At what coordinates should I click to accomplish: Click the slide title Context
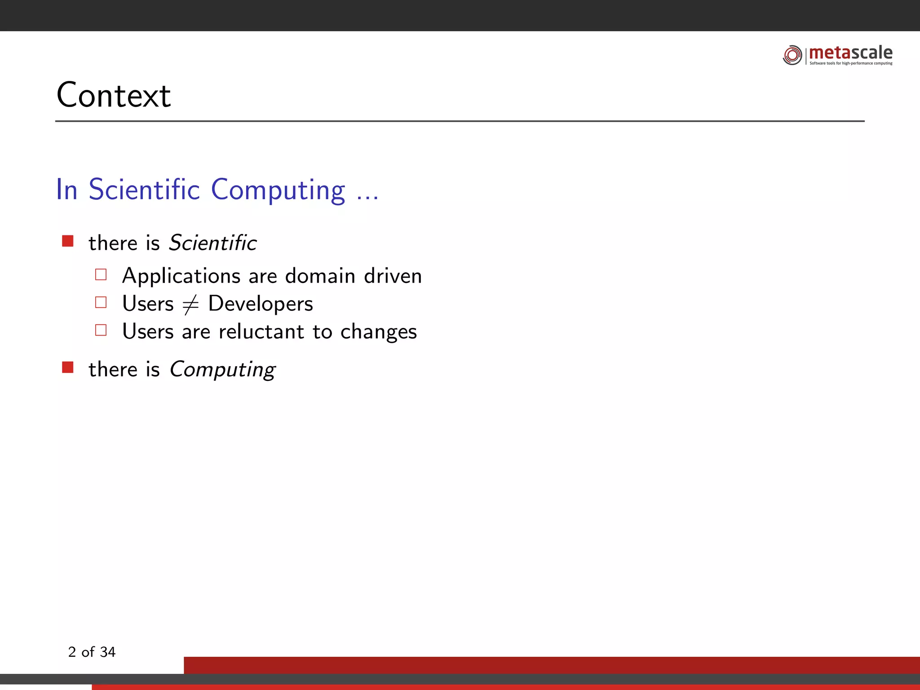tap(114, 95)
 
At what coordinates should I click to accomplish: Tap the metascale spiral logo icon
tap(792, 55)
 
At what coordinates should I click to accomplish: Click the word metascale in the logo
tap(850, 53)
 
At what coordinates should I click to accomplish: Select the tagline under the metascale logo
tap(851, 63)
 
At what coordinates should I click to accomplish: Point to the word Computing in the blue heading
tap(278, 190)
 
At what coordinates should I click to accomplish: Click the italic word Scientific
tap(212, 243)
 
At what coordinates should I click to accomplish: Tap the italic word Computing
tap(222, 370)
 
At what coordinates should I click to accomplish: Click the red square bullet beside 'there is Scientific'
tap(68, 241)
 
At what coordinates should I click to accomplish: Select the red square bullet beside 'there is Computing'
tap(68, 367)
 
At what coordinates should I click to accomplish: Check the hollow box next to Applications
tap(101, 274)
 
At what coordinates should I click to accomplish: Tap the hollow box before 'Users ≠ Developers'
tap(101, 302)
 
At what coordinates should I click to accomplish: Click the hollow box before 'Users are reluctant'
tap(101, 330)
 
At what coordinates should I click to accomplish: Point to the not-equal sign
tap(190, 304)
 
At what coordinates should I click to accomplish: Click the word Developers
tap(261, 304)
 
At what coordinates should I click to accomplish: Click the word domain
tap(320, 276)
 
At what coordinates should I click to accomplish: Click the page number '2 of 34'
tap(92, 652)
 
